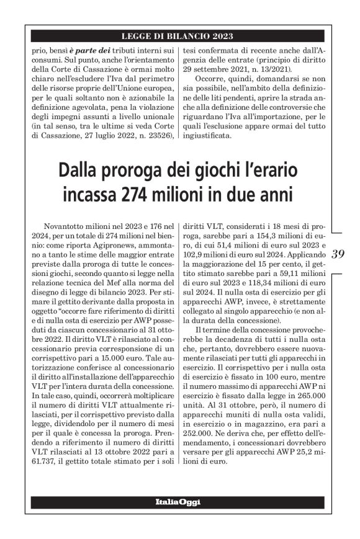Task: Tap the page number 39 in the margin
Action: pos(339,254)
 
